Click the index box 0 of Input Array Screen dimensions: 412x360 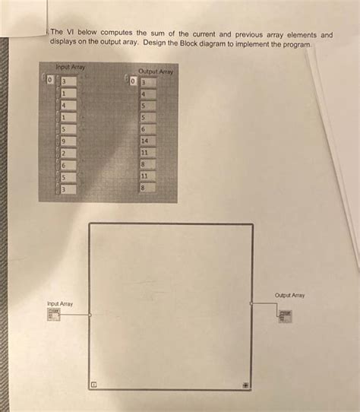(x=51, y=79)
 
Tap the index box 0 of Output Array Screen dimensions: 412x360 (x=132, y=81)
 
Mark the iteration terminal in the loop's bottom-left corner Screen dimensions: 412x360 (x=94, y=385)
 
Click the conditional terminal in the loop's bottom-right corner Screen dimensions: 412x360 (x=245, y=385)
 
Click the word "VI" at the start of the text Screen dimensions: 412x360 (x=68, y=34)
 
